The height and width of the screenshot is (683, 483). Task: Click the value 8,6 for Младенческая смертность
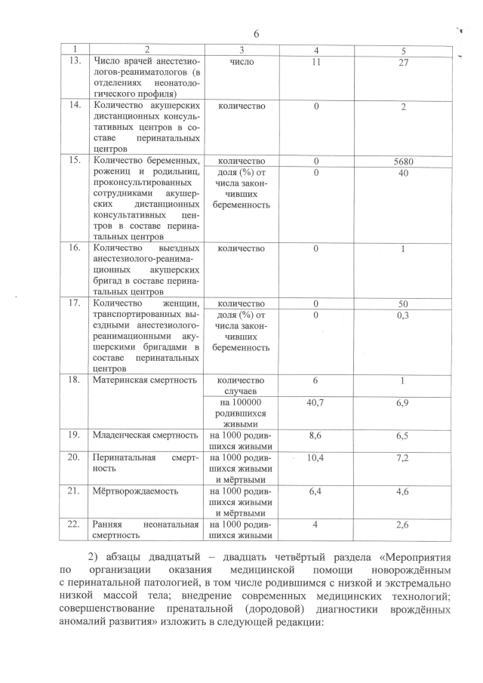tap(316, 435)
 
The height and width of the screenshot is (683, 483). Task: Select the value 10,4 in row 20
tap(316, 458)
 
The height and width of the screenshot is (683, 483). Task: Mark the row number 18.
tap(74, 380)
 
